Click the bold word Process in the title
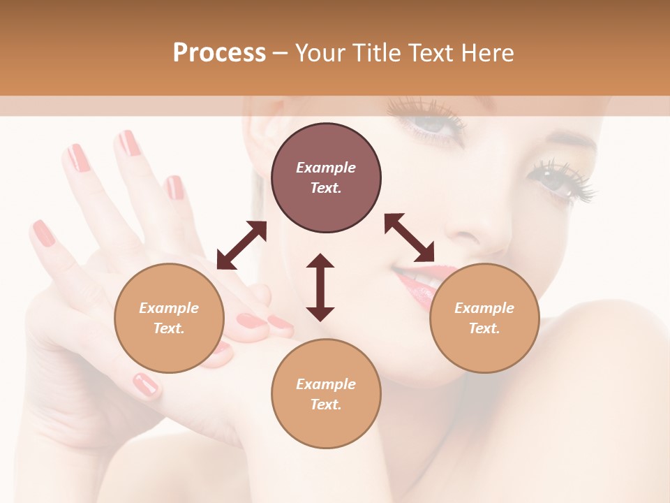[219, 53]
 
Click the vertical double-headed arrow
[320, 287]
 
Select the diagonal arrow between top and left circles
[241, 245]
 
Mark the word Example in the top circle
[326, 168]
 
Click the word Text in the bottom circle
[326, 404]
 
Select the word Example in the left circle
[169, 308]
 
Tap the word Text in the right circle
[484, 328]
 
